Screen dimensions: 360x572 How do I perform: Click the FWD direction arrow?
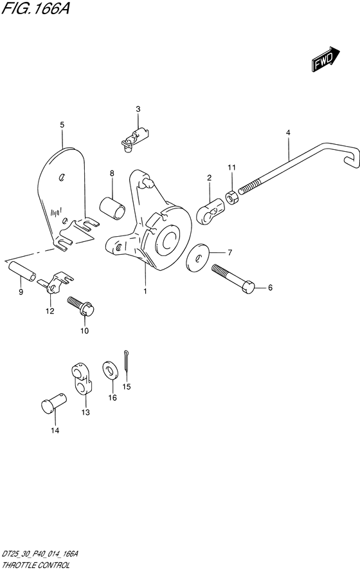pyautogui.click(x=325, y=59)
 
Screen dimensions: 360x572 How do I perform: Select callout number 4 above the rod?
pyautogui.click(x=288, y=133)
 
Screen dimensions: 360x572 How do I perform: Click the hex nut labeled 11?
pyautogui.click(x=231, y=198)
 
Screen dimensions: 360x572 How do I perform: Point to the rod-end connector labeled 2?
pyautogui.click(x=210, y=211)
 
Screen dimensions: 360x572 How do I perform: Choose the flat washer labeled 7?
pyautogui.click(x=198, y=258)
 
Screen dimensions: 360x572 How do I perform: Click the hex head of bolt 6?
pyautogui.click(x=248, y=287)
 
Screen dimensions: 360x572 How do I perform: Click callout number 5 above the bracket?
pyautogui.click(x=62, y=125)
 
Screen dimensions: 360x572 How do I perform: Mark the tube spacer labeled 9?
pyautogui.click(x=22, y=272)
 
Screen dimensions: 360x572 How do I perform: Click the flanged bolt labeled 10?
pyautogui.click(x=81, y=306)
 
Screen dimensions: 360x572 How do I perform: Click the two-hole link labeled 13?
pyautogui.click(x=82, y=379)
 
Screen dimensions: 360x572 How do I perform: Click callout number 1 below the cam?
pyautogui.click(x=145, y=291)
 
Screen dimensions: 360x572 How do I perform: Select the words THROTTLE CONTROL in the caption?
pyautogui.click(x=35, y=565)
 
